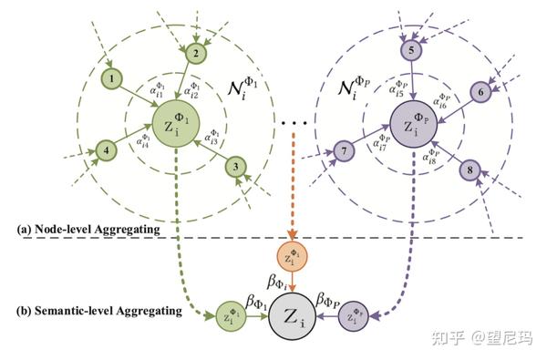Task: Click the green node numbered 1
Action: (111, 78)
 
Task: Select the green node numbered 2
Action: (194, 55)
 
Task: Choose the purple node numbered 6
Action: (481, 91)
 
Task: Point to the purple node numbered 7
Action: (343, 149)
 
